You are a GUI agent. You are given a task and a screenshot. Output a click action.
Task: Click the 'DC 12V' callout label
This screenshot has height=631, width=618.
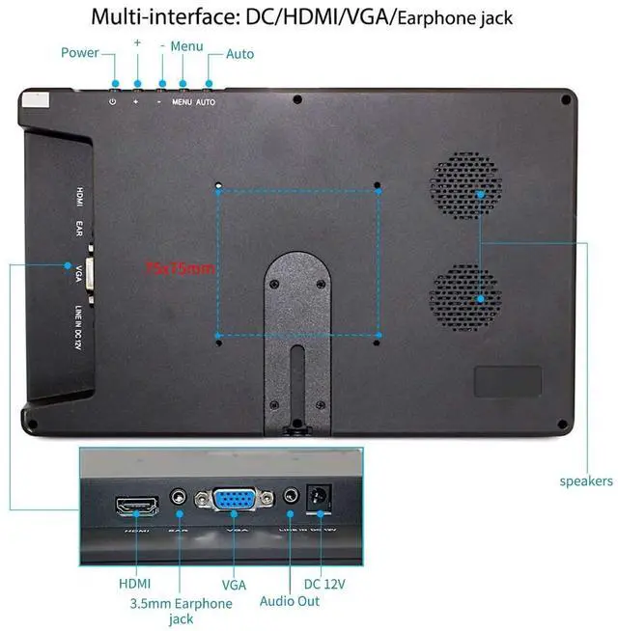[324, 584]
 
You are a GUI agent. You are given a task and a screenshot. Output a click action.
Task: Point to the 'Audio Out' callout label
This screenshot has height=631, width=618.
[289, 601]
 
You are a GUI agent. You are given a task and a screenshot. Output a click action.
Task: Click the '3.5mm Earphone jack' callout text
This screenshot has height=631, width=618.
[181, 611]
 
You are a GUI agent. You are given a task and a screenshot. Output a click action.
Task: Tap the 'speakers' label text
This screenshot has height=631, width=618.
[586, 480]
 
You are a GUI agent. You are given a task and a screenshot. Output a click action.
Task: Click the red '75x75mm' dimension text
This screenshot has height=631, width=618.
[180, 268]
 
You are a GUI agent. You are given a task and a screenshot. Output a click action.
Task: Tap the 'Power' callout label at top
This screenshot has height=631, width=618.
[80, 52]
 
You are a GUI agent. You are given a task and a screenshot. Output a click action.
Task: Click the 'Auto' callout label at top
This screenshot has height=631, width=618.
[240, 53]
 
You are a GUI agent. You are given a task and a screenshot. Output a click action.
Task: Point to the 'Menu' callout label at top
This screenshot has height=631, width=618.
[186, 45]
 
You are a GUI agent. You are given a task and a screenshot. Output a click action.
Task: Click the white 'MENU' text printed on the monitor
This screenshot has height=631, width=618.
[182, 101]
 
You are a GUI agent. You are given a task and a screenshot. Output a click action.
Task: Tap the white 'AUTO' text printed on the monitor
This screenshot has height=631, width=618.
[206, 101]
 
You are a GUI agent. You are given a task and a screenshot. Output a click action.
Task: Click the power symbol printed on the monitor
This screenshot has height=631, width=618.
[113, 101]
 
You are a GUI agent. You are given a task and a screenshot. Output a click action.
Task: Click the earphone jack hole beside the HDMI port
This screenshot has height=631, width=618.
[178, 498]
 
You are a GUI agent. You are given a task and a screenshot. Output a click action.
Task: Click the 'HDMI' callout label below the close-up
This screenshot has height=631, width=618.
[134, 584]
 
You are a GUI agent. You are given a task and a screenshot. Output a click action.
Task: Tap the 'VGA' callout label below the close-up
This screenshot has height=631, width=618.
[234, 584]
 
